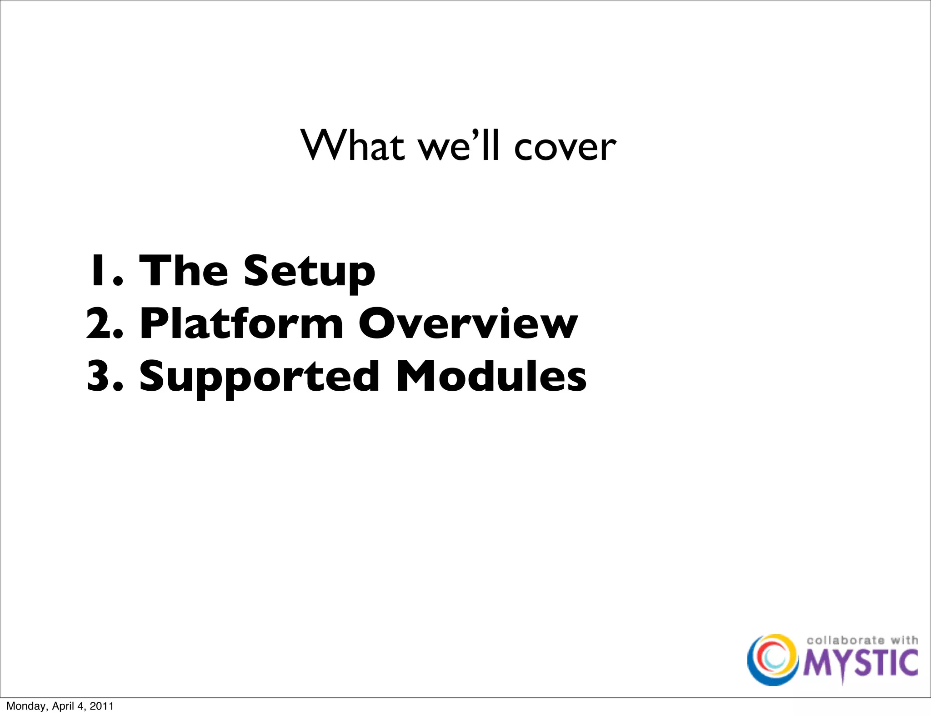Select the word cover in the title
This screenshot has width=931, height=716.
point(565,148)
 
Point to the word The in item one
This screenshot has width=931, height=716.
point(183,271)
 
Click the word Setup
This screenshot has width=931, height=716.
point(309,273)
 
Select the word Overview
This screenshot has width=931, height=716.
point(468,323)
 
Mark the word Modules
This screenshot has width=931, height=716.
point(491,376)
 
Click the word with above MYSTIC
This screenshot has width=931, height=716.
point(904,640)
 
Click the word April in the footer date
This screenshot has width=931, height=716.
point(65,706)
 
